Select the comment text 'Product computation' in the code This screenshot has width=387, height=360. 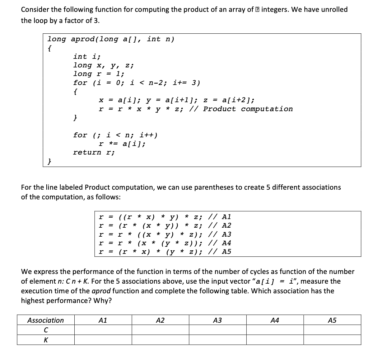click(248, 109)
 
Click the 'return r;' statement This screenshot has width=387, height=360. click(94, 152)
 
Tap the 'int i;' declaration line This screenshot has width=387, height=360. click(87, 56)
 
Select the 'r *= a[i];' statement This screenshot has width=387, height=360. click(122, 144)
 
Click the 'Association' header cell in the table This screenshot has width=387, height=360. click(46, 320)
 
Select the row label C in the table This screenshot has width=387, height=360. click(46, 330)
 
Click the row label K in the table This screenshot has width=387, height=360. click(46, 340)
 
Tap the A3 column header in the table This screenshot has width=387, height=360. click(218, 320)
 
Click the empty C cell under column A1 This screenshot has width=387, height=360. click(103, 330)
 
